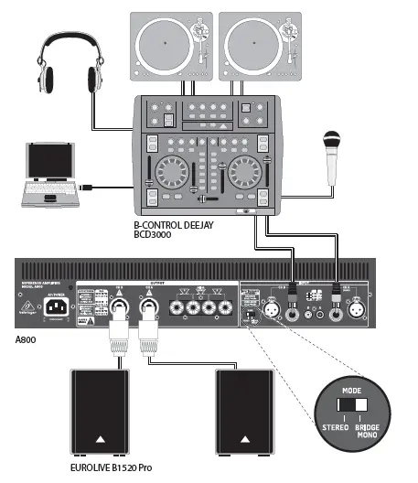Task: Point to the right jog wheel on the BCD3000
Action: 246,171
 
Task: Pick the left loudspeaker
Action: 103,412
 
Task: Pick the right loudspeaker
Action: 246,412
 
